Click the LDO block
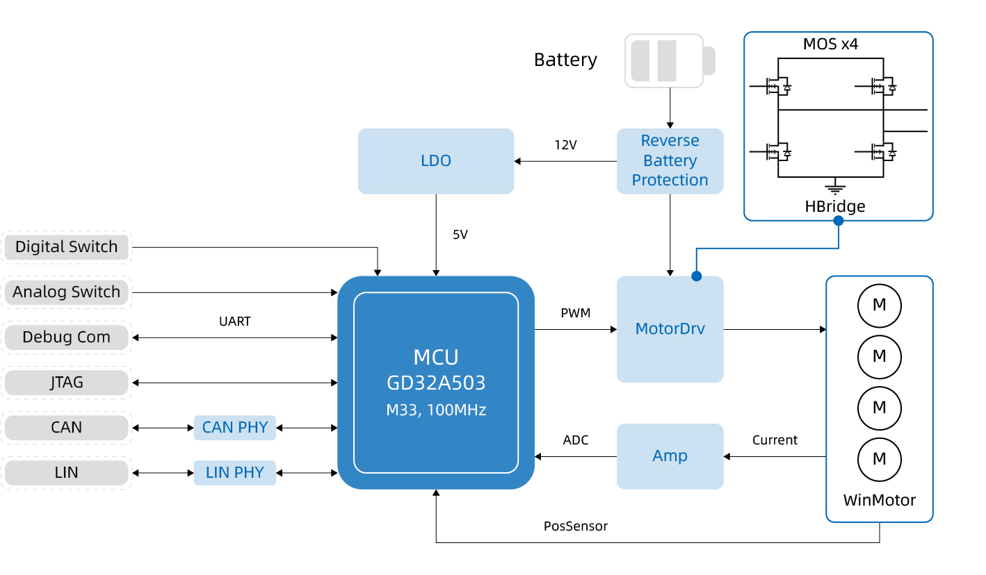point(436,161)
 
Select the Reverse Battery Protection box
point(670,161)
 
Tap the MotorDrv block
point(670,329)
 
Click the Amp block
point(670,456)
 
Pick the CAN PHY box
point(235,428)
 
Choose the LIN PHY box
point(235,473)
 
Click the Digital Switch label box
point(67,247)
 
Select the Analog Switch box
point(67,292)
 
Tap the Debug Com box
point(67,337)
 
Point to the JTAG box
point(67,383)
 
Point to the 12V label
point(565,145)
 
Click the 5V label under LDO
point(460,235)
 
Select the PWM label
point(575,313)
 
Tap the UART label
point(234,322)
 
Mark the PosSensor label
point(575,526)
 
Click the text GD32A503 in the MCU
point(436,383)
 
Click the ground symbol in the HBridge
point(834,187)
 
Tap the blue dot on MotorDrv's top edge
point(696,276)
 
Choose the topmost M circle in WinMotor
point(879,305)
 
